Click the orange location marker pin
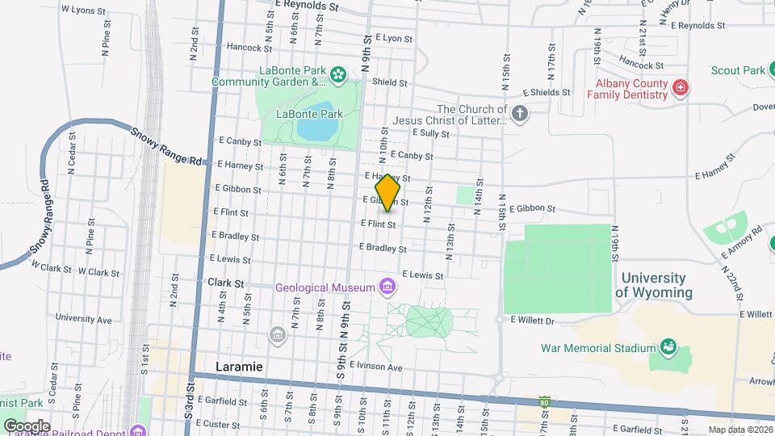click(x=388, y=192)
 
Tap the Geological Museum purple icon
click(x=387, y=287)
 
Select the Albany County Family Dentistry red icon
click(x=681, y=86)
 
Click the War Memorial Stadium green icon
click(x=668, y=348)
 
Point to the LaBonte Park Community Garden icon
click(x=338, y=77)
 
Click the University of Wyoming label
click(x=654, y=285)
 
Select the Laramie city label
click(x=240, y=367)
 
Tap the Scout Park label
click(x=738, y=71)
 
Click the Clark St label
click(x=225, y=283)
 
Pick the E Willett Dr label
click(x=533, y=320)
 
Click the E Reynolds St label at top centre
click(x=305, y=5)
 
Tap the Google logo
click(x=27, y=426)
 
